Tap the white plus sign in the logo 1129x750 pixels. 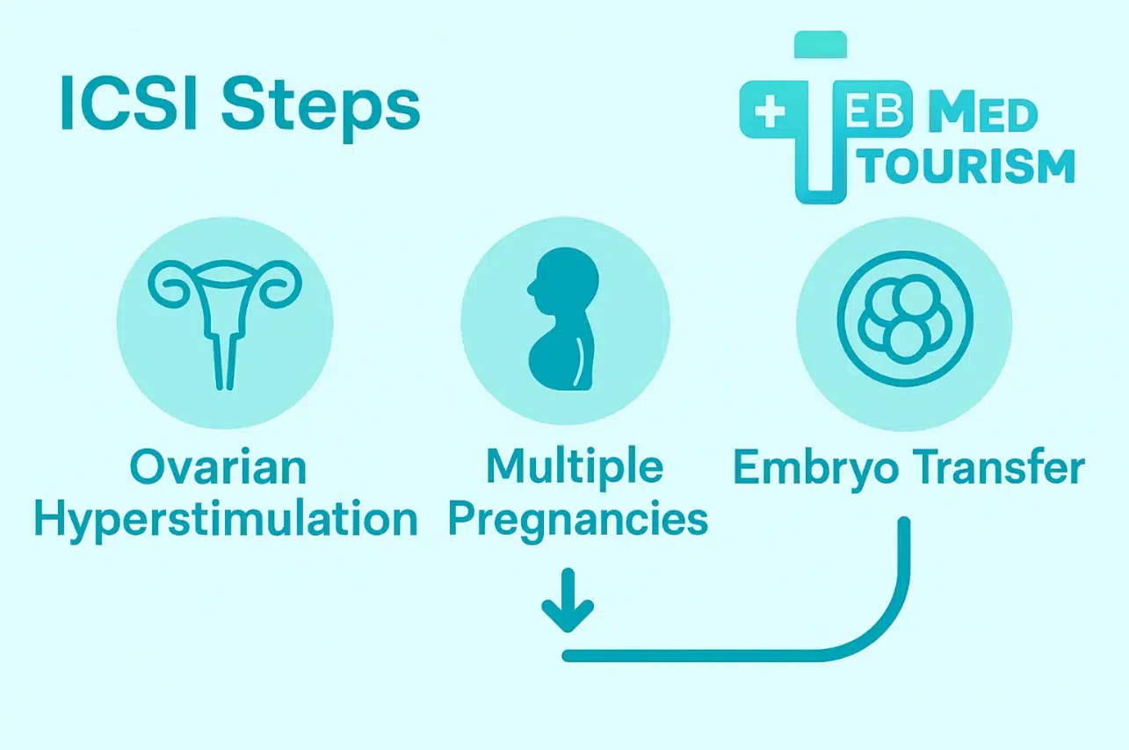click(x=769, y=115)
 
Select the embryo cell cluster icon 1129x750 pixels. click(x=904, y=321)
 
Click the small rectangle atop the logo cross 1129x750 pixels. click(x=821, y=45)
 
